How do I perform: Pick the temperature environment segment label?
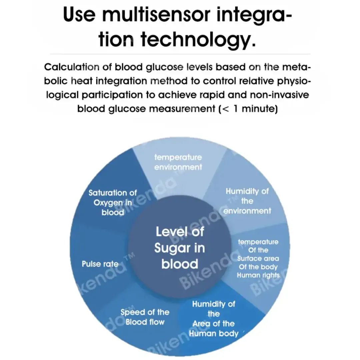(x=178, y=162)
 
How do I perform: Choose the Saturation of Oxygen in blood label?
(x=113, y=202)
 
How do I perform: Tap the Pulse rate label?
(x=100, y=264)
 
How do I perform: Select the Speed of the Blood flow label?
(x=145, y=317)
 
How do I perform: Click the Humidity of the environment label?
(x=247, y=201)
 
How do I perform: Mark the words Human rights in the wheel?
(x=258, y=275)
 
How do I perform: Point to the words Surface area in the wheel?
(x=258, y=259)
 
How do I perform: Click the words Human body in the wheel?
(x=214, y=333)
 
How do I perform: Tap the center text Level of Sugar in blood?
(x=180, y=248)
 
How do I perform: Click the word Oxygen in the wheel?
(x=108, y=203)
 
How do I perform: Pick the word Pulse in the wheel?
(x=91, y=264)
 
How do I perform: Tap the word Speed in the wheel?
(x=133, y=312)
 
